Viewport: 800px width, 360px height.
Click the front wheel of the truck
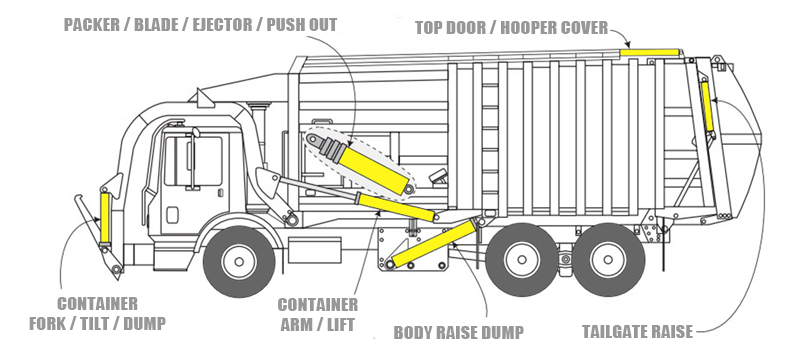(x=239, y=261)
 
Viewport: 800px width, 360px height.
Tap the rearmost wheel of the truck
(x=608, y=260)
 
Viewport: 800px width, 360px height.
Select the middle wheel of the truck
(x=521, y=260)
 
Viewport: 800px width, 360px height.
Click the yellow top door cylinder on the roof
(x=649, y=52)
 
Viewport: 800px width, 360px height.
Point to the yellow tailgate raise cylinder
(x=707, y=107)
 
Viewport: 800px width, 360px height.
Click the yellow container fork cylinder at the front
(x=105, y=218)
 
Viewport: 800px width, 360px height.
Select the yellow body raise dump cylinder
(x=434, y=244)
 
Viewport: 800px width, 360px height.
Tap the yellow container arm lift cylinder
(x=396, y=207)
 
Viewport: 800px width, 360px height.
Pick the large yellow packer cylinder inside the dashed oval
(x=375, y=170)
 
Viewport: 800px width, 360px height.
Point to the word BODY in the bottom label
(x=412, y=332)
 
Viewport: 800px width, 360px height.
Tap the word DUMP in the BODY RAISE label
(x=504, y=332)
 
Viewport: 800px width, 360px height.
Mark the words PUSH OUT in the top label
(x=302, y=24)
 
